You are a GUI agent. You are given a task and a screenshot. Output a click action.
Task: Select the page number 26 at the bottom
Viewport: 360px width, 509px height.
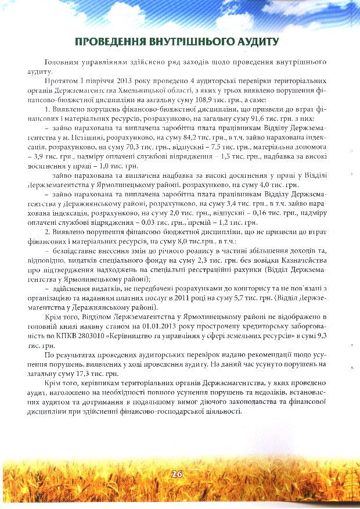tap(177, 474)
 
